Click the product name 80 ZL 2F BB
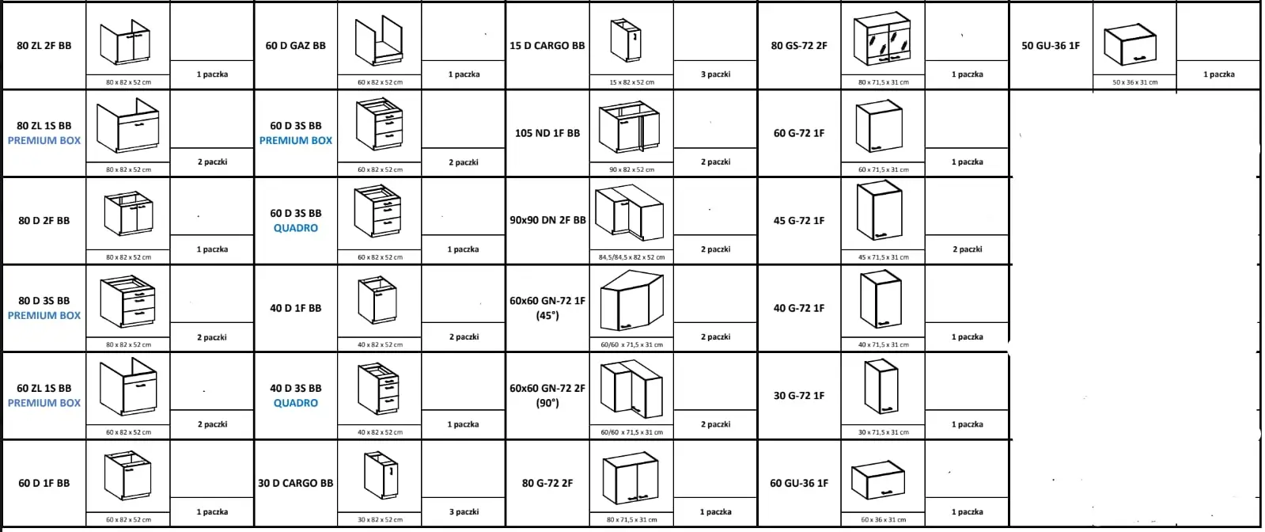pos(44,46)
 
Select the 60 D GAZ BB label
pos(295,46)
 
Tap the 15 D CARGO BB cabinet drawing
pos(627,40)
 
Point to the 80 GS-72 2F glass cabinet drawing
pos(883,39)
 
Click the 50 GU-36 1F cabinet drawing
pos(1130,44)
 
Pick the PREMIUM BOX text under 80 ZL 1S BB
pos(44,140)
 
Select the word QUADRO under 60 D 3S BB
pos(295,228)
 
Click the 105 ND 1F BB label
pos(547,134)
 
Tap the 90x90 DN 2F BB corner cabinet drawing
pos(630,213)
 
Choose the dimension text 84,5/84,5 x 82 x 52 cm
pos(631,257)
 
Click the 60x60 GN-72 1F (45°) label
pos(547,308)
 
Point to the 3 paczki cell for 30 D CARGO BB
pos(464,511)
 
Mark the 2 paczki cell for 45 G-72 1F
pos(968,249)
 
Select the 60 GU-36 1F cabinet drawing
pos(878,481)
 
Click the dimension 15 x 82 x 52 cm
pos(631,82)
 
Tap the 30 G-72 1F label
pos(799,396)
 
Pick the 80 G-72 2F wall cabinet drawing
pos(631,478)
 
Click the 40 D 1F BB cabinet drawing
pos(378,300)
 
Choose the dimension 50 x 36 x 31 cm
pos(1134,82)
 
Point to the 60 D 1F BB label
pos(44,484)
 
